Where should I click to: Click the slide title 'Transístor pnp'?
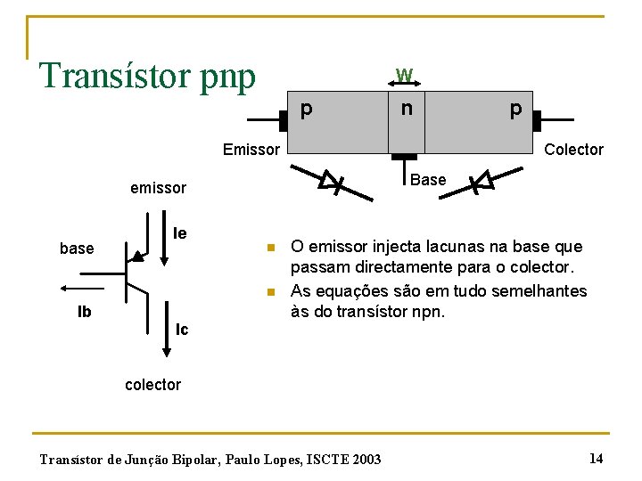[x=147, y=76]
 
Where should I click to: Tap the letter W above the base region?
[x=404, y=75]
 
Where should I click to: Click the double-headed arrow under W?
[x=406, y=89]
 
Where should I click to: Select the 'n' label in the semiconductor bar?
[x=406, y=110]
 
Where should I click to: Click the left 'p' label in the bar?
[x=306, y=110]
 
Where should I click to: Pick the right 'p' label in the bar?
[x=514, y=110]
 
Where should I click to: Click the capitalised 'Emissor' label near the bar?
[x=251, y=150]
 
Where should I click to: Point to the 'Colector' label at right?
[x=573, y=150]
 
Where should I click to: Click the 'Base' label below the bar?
[x=428, y=180]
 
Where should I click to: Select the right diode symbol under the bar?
[x=482, y=183]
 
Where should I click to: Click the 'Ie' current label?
[x=179, y=233]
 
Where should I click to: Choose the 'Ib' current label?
[x=85, y=313]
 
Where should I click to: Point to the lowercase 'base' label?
[x=77, y=249]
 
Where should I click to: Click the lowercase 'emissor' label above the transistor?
[x=158, y=188]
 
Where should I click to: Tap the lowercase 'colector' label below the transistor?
[x=152, y=385]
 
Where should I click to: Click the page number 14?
[x=596, y=458]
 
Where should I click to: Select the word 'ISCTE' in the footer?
[x=329, y=460]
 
